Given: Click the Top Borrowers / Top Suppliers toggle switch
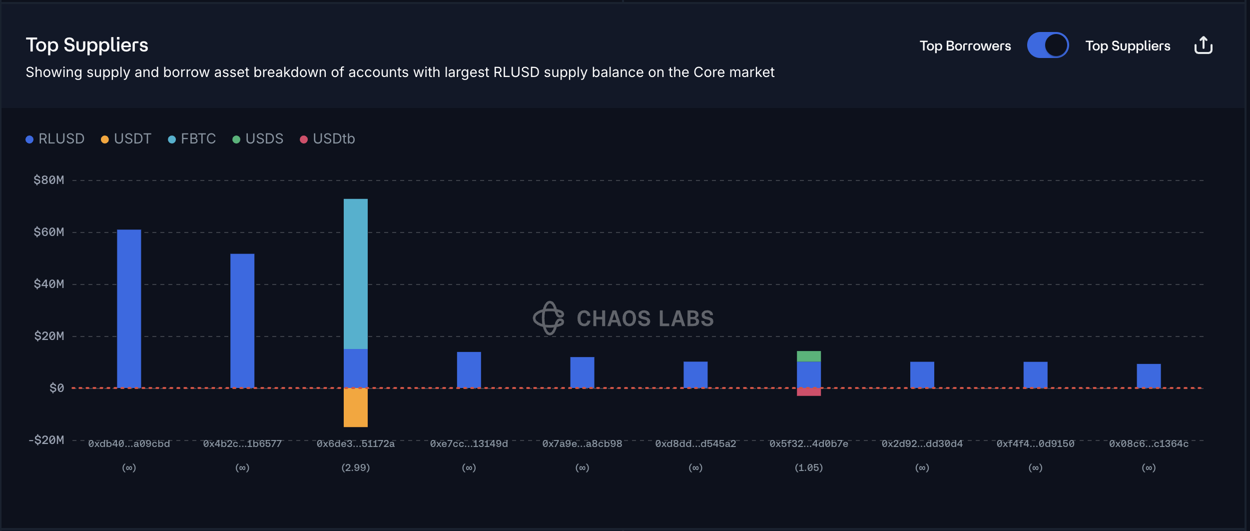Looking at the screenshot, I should coord(1048,45).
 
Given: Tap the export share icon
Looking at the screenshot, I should coord(1203,45).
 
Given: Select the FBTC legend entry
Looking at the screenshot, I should coord(192,138).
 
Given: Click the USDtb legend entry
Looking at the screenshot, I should coord(328,138).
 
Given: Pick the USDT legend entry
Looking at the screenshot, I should coord(126,138).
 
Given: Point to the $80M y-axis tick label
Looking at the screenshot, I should coord(49,180).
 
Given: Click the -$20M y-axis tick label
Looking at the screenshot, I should coord(46,440).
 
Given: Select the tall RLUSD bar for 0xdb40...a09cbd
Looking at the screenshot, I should coord(129,308).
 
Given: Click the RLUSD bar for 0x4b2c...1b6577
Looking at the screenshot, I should coord(242,320).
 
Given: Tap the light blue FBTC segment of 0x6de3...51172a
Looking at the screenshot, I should coord(356,273).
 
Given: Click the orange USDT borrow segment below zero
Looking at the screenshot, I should coord(356,407).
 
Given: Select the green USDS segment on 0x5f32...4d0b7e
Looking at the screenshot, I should coord(809,356).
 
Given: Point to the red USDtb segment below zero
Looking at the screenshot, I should coord(809,392).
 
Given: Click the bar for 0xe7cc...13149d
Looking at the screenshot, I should coord(469,369).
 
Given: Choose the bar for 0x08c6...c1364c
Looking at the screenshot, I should coord(1149,375).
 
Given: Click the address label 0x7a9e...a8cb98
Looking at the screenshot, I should coord(582,443).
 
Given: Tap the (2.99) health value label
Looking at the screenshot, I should coord(356,467).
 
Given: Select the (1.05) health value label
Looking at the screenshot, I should coord(809,467).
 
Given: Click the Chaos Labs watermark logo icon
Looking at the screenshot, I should coord(549,318).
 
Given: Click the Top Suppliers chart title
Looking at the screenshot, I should coord(87,45).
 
